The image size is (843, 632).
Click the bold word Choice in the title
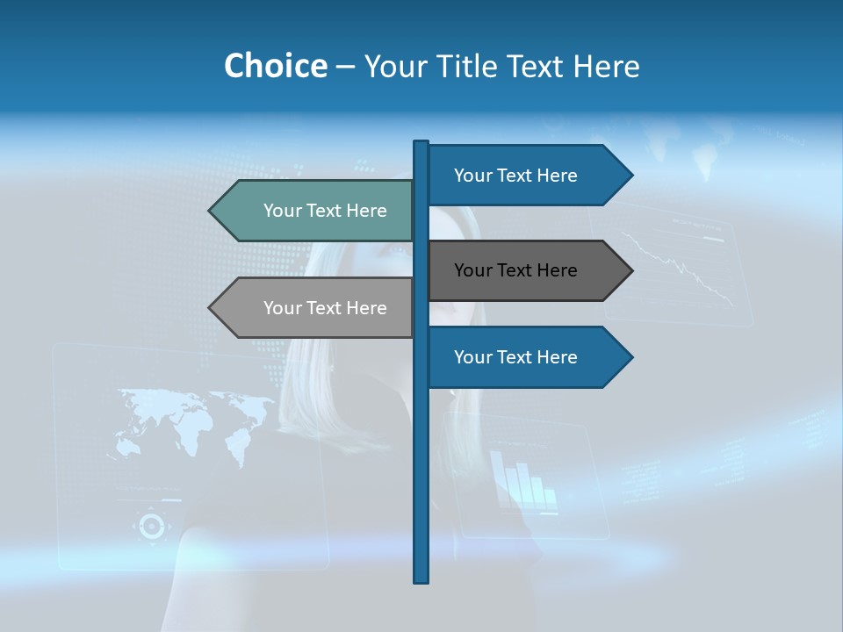point(275,66)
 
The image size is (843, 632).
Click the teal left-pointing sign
point(316,211)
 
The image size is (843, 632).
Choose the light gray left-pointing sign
point(316,308)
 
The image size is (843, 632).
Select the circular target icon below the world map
point(151,526)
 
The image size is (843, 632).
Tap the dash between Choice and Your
point(345,66)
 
